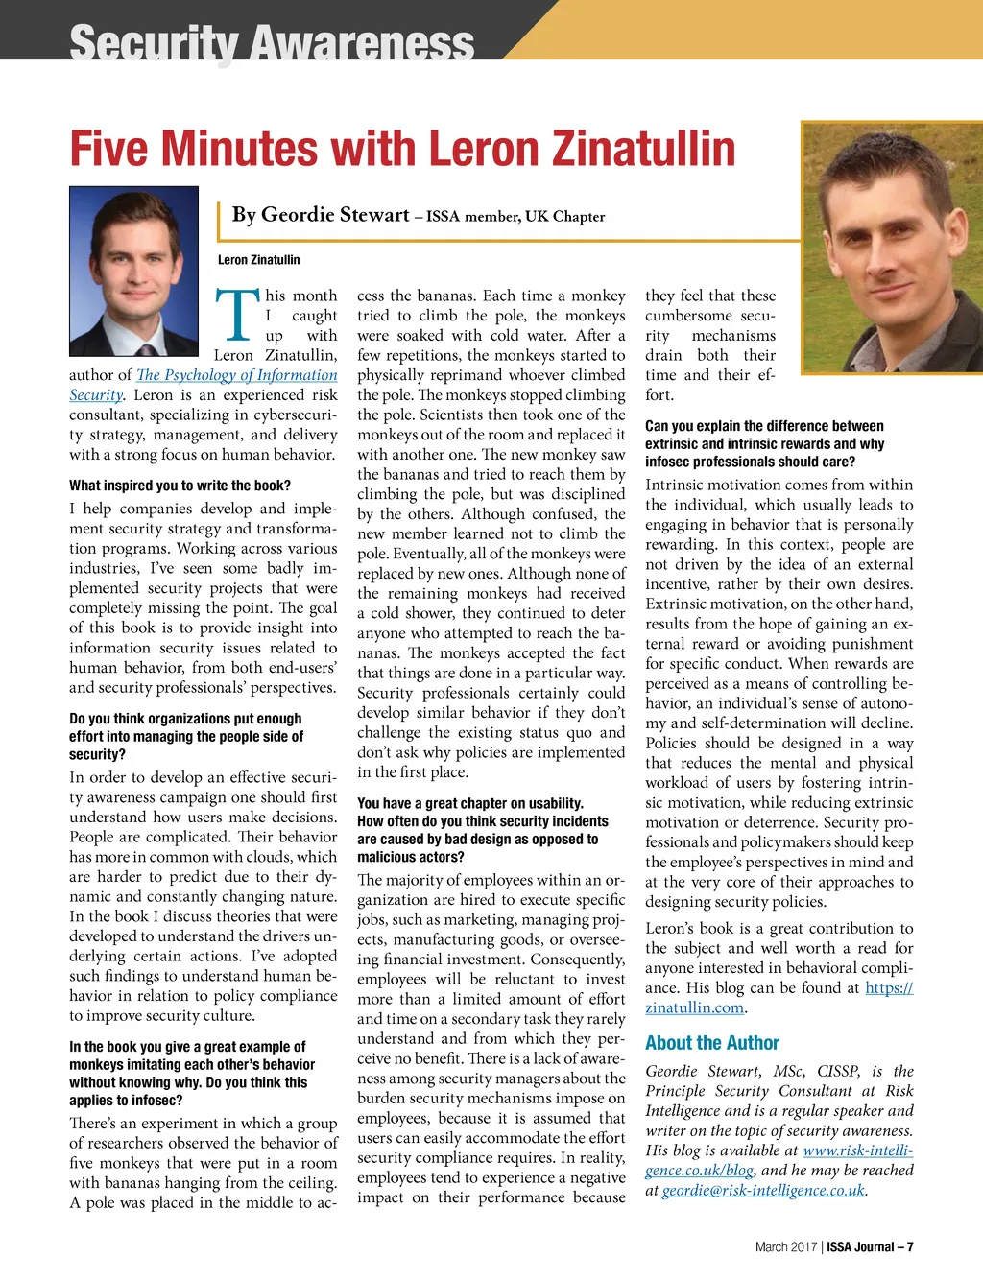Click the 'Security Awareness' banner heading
point(272,43)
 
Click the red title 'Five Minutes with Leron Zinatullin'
point(402,149)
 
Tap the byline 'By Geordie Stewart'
point(321,215)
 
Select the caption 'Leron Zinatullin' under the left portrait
point(258,260)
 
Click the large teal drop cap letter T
point(237,316)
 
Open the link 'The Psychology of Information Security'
point(236,375)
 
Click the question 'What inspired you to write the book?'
point(180,486)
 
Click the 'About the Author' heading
point(712,1043)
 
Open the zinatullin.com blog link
point(695,1007)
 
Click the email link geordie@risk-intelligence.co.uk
point(763,1191)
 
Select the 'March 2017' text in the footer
point(785,1247)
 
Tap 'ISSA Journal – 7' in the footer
point(871,1247)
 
